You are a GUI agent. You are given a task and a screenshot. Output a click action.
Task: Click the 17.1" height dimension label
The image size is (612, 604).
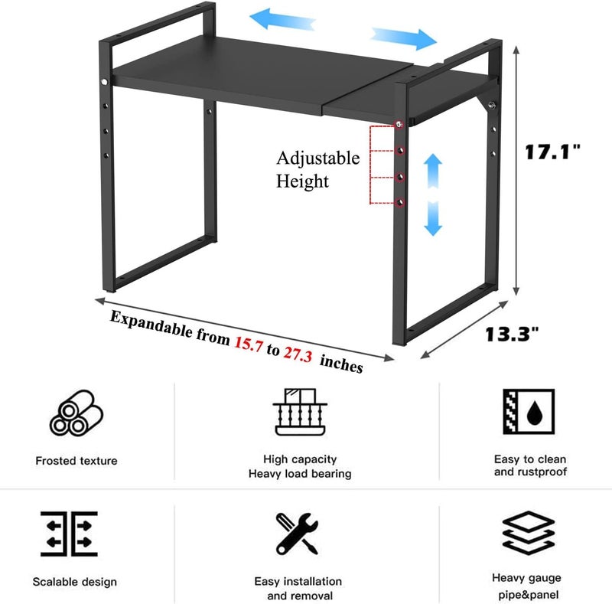point(552,152)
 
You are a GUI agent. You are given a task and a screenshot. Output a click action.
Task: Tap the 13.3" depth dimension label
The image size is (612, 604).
point(512,335)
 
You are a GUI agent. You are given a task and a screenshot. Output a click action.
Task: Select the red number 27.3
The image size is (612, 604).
point(298,354)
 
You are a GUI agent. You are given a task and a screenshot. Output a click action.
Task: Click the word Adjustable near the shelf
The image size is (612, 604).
point(318,158)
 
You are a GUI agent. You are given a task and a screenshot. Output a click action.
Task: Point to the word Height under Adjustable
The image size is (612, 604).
point(302,181)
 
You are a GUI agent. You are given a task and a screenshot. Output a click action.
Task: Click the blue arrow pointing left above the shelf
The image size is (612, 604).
point(282,20)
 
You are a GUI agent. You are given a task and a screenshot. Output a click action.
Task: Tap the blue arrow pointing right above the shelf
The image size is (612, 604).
point(404,38)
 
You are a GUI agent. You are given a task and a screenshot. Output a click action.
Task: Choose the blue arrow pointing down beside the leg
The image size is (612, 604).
point(433,218)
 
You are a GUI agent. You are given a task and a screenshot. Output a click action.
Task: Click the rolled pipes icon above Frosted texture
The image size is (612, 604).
point(76,413)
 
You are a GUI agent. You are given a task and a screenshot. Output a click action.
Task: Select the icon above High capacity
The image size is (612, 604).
point(300,412)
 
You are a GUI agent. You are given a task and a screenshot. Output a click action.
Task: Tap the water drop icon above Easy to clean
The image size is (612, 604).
point(529,411)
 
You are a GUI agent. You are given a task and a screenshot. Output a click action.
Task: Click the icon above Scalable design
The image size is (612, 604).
point(69,534)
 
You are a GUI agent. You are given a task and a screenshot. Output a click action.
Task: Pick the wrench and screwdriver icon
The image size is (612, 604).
point(297,534)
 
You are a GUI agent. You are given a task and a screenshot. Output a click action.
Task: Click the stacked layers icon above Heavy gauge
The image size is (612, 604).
point(529,533)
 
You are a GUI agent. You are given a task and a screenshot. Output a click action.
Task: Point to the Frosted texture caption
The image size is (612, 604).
point(76,461)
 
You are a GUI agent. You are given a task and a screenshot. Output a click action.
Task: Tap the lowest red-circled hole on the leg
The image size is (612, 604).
point(400,203)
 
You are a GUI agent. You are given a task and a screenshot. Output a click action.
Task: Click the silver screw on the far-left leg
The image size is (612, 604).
point(104,82)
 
